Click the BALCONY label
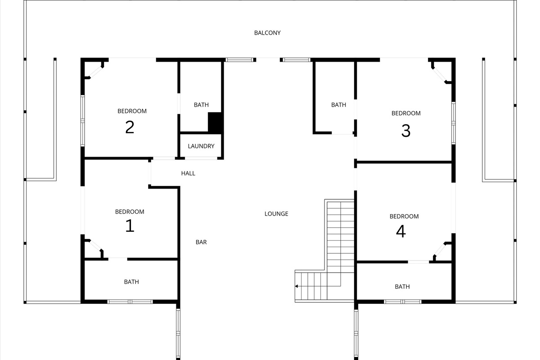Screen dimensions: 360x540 tap(267, 33)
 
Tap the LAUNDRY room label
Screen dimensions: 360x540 tap(201, 146)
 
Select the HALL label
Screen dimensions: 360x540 tap(188, 173)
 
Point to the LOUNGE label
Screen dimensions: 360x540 tap(276, 214)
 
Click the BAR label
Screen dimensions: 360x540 tap(201, 242)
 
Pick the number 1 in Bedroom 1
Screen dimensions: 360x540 tap(130, 225)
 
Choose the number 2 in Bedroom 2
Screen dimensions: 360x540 tap(130, 127)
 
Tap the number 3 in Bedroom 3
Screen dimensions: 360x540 tap(405, 131)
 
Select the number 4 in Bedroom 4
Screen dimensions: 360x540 tap(400, 231)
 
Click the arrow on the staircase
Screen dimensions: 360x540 tap(297, 286)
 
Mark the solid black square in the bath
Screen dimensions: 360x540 tap(216, 122)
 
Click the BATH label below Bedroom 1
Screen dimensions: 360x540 tap(131, 282)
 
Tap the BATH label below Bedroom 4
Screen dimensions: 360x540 tap(402, 287)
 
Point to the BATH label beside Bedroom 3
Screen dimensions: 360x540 tap(338, 105)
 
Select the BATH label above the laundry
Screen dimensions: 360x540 tap(201, 105)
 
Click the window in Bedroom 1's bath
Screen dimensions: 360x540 tap(130, 301)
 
